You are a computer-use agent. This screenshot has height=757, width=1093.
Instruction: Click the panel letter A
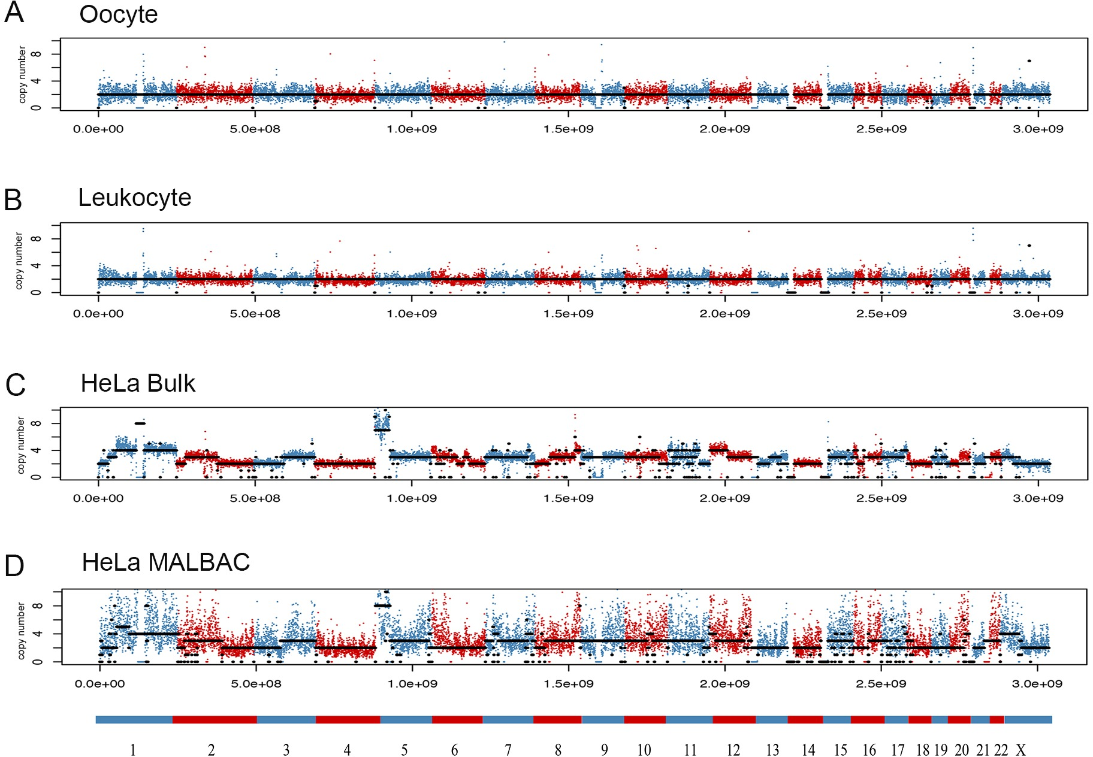click(14, 13)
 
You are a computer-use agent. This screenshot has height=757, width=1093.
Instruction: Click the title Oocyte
click(118, 14)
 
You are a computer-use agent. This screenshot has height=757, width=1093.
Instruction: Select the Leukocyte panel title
click(134, 198)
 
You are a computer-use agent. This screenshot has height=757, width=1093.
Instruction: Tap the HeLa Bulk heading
click(138, 383)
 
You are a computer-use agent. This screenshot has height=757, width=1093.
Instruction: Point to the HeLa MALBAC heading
click(165, 562)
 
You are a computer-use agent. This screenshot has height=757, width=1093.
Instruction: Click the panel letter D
click(14, 566)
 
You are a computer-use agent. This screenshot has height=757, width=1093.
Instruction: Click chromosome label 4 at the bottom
click(347, 750)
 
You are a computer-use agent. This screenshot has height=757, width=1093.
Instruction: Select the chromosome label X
click(1020, 750)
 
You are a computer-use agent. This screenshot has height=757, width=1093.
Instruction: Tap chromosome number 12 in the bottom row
click(733, 750)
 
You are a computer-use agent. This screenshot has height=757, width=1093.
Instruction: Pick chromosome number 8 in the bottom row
click(558, 750)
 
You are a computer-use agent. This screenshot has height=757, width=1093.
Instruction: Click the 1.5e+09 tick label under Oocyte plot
click(568, 129)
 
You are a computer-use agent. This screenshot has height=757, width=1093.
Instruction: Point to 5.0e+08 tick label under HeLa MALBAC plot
click(256, 684)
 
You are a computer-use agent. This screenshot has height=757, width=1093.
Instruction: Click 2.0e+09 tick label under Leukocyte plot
click(724, 314)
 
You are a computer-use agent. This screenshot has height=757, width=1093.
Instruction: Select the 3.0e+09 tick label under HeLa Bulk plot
click(1038, 498)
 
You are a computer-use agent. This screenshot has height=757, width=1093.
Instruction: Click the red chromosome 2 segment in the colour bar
click(215, 719)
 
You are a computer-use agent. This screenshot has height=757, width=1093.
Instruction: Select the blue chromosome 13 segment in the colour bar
click(771, 719)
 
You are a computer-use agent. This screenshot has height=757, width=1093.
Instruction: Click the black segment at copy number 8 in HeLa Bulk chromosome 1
click(140, 423)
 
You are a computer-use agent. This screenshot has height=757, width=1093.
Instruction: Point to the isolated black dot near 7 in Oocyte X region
click(1029, 60)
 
